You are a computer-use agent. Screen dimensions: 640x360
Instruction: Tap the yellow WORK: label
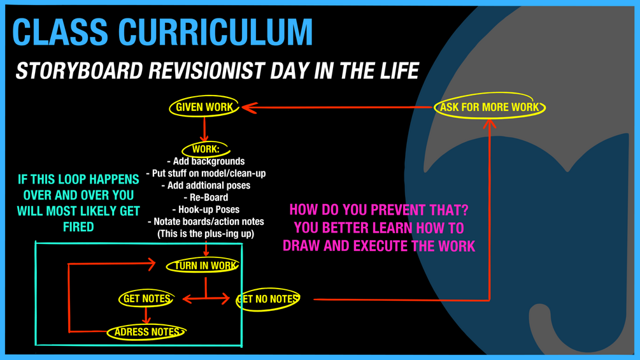click(206, 149)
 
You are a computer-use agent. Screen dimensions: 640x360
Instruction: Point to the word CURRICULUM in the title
click(215, 32)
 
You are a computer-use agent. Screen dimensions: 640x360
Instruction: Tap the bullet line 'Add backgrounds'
click(206, 161)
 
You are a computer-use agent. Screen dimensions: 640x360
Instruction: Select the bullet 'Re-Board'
click(206, 198)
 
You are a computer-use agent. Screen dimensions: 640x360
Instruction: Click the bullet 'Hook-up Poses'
click(206, 210)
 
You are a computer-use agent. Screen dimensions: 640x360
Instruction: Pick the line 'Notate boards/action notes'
click(206, 222)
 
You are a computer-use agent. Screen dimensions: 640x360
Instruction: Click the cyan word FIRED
click(78, 227)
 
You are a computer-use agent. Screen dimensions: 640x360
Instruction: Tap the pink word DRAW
click(300, 246)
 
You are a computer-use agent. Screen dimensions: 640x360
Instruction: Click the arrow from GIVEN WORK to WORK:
click(204, 129)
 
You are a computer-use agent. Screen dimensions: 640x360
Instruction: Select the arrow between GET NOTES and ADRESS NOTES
click(146, 315)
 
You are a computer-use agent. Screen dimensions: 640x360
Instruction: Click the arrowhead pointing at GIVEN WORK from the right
click(250, 108)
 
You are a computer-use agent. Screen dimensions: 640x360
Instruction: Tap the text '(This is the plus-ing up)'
click(206, 234)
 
